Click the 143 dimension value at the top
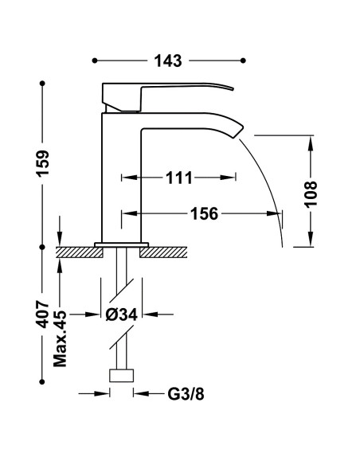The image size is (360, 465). click(168, 61)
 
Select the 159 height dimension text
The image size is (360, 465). click(43, 163)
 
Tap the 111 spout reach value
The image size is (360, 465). click(179, 178)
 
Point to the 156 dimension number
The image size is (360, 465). click(204, 213)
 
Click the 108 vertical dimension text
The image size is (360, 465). click(311, 194)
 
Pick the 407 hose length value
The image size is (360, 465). click(42, 315)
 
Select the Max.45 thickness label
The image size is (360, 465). click(60, 338)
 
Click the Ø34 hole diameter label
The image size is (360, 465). click(122, 315)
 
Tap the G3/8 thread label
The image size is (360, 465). click(186, 394)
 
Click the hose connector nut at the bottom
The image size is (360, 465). click(122, 376)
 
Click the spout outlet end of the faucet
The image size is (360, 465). click(238, 131)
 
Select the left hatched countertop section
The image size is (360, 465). click(79, 252)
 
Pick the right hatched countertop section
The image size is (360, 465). click(163, 252)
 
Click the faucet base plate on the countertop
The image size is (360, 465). click(121, 244)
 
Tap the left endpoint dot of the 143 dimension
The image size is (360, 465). click(95, 61)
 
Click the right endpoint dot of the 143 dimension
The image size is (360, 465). click(243, 61)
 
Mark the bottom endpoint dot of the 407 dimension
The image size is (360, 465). click(42, 381)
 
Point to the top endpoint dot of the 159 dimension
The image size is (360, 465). click(42, 84)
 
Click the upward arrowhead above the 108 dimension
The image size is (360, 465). click(311, 143)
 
